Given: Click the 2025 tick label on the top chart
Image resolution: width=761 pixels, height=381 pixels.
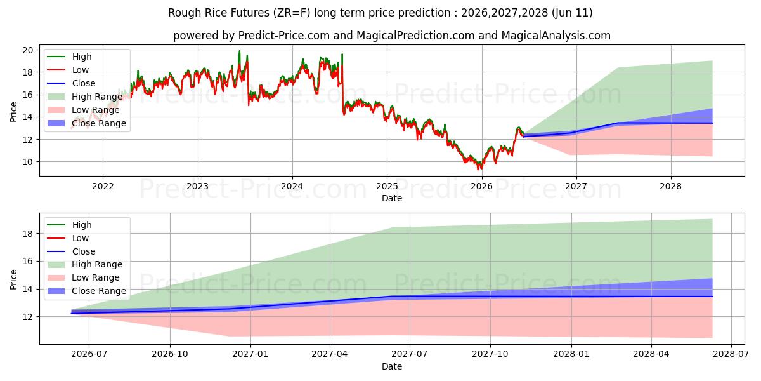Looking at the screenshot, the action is point(387,187).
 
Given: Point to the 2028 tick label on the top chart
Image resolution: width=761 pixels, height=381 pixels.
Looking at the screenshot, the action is point(671,187).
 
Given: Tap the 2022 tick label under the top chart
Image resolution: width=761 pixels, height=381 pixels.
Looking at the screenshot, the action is point(103,187).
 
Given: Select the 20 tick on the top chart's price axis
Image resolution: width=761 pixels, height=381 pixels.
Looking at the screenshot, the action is point(28,50).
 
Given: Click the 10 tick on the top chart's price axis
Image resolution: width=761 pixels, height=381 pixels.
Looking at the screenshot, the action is point(28,162).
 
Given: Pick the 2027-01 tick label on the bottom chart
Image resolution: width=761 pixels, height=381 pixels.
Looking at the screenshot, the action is point(250,354).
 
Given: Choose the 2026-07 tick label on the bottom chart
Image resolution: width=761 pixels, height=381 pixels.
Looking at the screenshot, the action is point(89,354).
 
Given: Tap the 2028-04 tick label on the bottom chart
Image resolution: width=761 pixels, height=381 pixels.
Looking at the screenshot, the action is point(651,354).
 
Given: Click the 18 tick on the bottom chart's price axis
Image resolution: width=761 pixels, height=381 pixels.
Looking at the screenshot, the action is point(28,234).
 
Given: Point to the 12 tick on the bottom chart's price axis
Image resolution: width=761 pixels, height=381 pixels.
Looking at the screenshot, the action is point(28,317).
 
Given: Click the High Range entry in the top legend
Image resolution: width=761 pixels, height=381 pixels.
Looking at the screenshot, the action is point(84,97).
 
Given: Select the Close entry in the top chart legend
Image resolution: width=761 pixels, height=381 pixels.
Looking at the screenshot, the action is point(71,83).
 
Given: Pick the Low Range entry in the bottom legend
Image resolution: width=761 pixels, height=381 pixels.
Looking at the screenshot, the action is point(83,277).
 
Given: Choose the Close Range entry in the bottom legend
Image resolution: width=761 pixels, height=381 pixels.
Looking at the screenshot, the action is point(86,291).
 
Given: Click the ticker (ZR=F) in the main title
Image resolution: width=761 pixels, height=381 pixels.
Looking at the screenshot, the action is point(292,13).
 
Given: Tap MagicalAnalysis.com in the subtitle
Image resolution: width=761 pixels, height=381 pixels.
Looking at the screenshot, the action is point(556,36).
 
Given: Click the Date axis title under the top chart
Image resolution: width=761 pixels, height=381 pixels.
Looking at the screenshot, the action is point(392,198).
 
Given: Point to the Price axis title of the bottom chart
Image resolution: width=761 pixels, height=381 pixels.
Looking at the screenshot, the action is point(13,279).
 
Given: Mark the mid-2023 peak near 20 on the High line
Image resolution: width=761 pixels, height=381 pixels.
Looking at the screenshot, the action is point(240,51).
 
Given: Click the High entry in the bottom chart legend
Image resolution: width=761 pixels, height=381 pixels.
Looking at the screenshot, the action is point(69,225).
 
